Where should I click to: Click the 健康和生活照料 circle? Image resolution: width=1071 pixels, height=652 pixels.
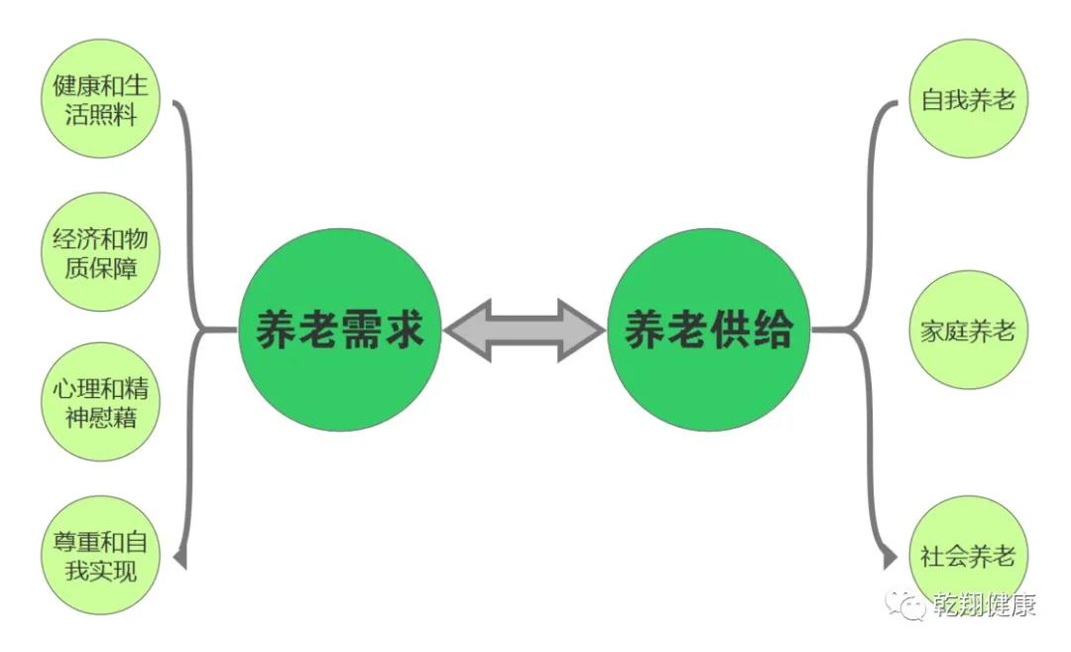click(101, 98)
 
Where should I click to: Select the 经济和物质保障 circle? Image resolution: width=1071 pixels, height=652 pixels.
click(101, 251)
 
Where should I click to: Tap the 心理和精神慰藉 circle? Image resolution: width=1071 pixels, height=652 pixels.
click(101, 402)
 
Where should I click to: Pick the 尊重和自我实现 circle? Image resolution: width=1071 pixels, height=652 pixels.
click(101, 555)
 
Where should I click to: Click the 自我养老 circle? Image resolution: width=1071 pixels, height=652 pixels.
click(969, 98)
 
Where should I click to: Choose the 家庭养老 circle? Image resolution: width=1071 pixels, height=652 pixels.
click(969, 330)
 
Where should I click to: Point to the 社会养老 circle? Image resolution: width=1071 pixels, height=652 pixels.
click(969, 555)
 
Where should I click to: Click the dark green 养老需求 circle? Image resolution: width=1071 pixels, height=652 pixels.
click(339, 330)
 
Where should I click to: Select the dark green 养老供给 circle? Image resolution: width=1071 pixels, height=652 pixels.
click(709, 330)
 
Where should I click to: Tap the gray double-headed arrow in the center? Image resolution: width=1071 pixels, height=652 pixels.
click(525, 330)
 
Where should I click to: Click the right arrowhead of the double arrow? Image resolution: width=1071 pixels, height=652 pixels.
click(581, 330)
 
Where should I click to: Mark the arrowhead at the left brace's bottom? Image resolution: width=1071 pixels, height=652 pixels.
click(180, 559)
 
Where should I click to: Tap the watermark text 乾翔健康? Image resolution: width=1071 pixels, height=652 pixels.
click(985, 604)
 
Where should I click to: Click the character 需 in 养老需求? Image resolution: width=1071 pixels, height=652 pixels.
click(361, 330)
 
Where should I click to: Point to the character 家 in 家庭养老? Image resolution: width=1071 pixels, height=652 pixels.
click(932, 330)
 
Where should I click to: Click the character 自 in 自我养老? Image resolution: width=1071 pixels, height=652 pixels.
click(932, 99)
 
